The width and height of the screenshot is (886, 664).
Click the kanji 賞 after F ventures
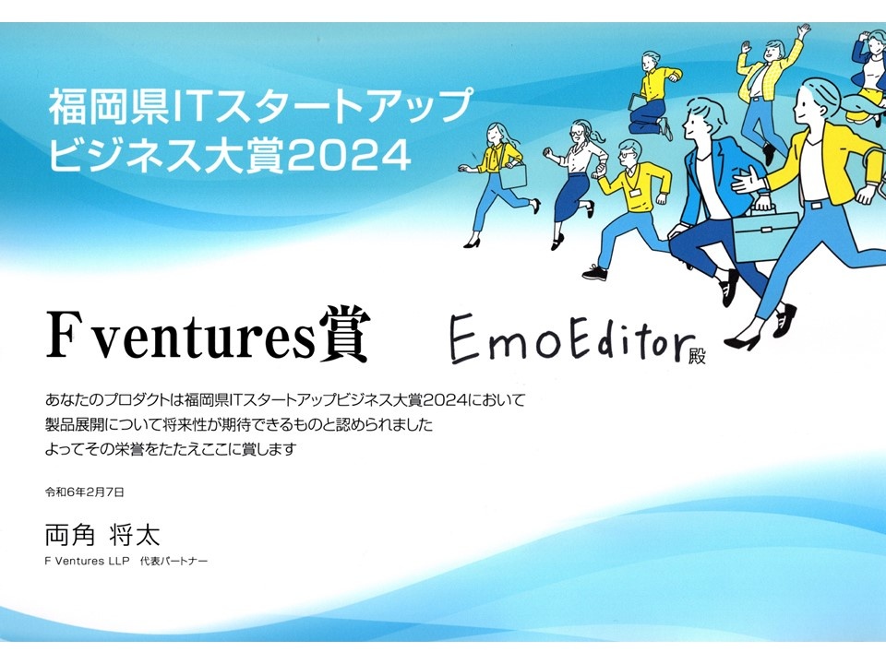tap(344, 334)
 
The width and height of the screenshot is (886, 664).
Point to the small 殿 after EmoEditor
tap(698, 357)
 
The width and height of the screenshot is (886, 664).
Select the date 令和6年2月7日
tap(85, 492)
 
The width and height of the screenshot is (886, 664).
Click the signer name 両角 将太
tap(102, 534)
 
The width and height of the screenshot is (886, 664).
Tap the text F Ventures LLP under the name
tap(87, 562)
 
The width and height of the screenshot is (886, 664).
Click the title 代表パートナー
tap(174, 562)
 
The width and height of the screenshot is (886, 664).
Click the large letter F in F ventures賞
tap(62, 336)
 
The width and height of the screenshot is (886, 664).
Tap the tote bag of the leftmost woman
tap(513, 175)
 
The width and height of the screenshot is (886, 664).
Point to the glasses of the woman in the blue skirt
tap(577, 133)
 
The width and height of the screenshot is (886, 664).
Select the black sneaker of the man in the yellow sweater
tap(595, 274)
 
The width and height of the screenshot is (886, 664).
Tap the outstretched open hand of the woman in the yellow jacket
tap(746, 182)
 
